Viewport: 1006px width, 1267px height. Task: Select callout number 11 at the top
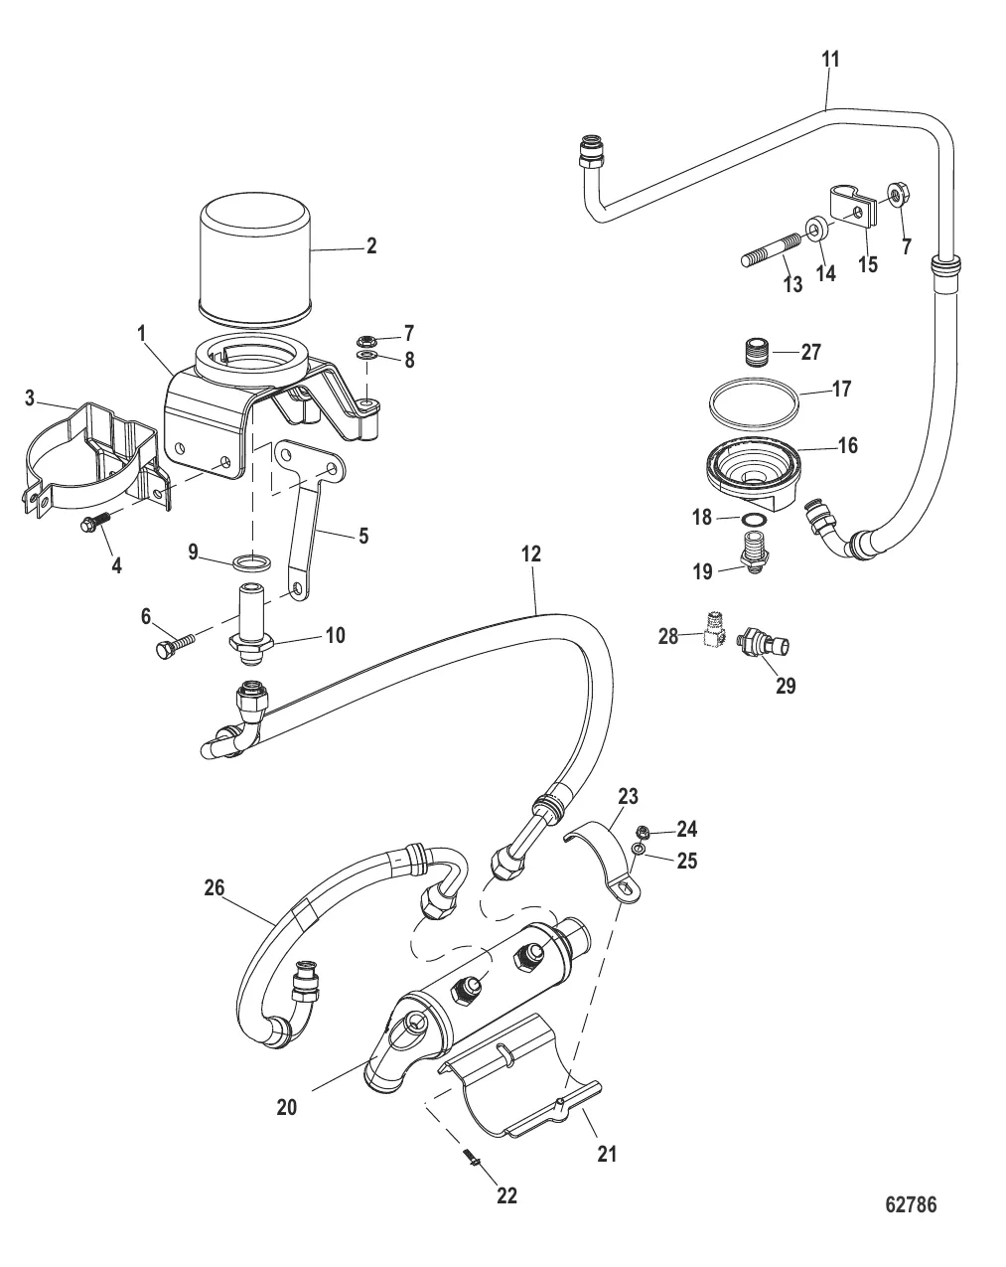830,60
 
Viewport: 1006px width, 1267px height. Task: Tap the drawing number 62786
910,1205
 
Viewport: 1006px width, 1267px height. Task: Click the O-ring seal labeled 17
755,403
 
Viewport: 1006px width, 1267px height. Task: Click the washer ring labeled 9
252,564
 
